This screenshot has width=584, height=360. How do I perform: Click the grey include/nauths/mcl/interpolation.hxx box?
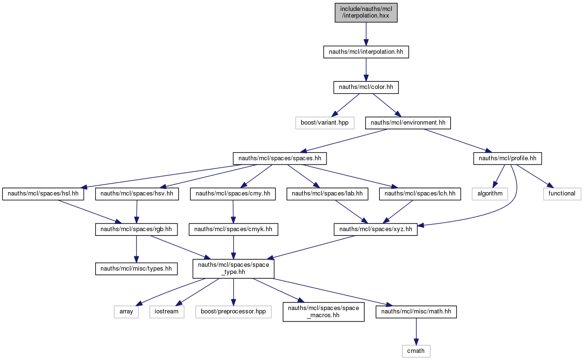[366, 12]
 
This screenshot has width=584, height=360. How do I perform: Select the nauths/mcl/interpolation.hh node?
[366, 52]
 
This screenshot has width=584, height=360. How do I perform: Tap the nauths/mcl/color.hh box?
[366, 87]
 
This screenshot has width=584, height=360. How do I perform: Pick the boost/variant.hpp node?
[325, 123]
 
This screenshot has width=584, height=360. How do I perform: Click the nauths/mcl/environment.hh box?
[408, 123]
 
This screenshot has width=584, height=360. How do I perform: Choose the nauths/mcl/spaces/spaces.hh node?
[280, 158]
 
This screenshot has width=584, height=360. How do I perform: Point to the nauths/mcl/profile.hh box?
[508, 158]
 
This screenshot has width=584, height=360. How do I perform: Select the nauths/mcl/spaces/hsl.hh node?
[43, 194]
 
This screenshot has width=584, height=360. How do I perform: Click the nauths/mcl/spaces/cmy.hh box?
[233, 194]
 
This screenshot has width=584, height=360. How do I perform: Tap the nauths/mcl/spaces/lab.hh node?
[327, 194]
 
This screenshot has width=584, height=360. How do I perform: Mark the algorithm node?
[490, 194]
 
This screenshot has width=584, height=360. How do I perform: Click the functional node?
[562, 194]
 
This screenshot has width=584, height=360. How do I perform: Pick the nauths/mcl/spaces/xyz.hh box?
[376, 230]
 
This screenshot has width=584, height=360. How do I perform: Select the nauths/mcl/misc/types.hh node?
[136, 269]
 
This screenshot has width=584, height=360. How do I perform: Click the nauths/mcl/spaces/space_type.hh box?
[233, 269]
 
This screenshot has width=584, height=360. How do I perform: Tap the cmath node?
[416, 351]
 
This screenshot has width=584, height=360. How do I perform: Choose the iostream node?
[167, 312]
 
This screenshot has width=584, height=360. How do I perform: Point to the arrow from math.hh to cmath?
[416, 331]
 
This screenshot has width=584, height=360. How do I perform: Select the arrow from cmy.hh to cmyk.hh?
[233, 212]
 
